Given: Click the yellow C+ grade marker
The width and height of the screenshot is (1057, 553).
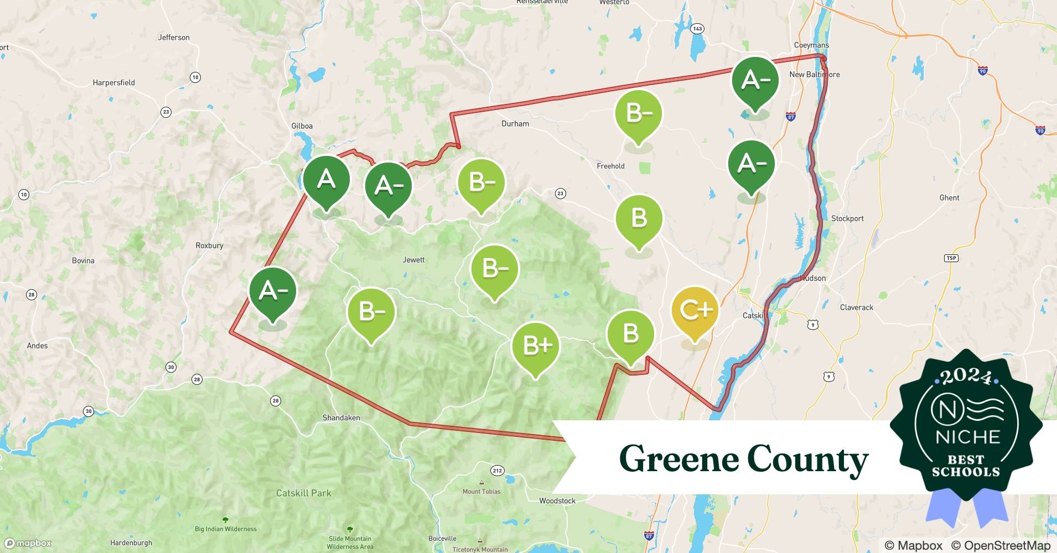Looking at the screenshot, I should coord(695,311).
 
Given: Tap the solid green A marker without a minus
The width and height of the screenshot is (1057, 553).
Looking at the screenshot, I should coord(326,180).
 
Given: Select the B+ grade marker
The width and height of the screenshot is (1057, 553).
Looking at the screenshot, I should coord(536,346).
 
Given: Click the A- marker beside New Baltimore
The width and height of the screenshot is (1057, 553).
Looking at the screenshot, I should coord(755,80).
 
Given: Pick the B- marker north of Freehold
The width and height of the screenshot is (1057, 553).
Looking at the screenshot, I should coord(639,113).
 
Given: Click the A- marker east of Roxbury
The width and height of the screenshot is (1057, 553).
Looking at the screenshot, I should coord(273,291).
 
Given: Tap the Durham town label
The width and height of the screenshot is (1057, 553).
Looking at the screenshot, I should coord(515,124).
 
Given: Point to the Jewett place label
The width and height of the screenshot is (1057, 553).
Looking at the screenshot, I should coord(413,260).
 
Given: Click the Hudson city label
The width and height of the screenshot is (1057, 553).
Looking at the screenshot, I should coord(813,278).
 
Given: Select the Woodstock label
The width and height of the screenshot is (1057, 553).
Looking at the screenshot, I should coord(557,501).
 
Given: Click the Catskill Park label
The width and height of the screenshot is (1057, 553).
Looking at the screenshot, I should coord(303,493).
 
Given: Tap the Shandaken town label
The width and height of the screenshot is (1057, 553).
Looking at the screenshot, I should coord(341,418).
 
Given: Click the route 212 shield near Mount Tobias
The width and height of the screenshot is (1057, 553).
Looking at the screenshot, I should coord(497,471).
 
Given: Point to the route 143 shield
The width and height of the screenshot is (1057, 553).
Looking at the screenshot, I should coord(697,29).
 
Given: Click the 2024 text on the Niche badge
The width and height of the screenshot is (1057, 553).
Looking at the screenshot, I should coord(966,377).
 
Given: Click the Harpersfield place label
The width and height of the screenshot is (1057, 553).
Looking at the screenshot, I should coord(113,83).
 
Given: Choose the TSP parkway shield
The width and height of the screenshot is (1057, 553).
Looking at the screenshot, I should coord(951,258).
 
